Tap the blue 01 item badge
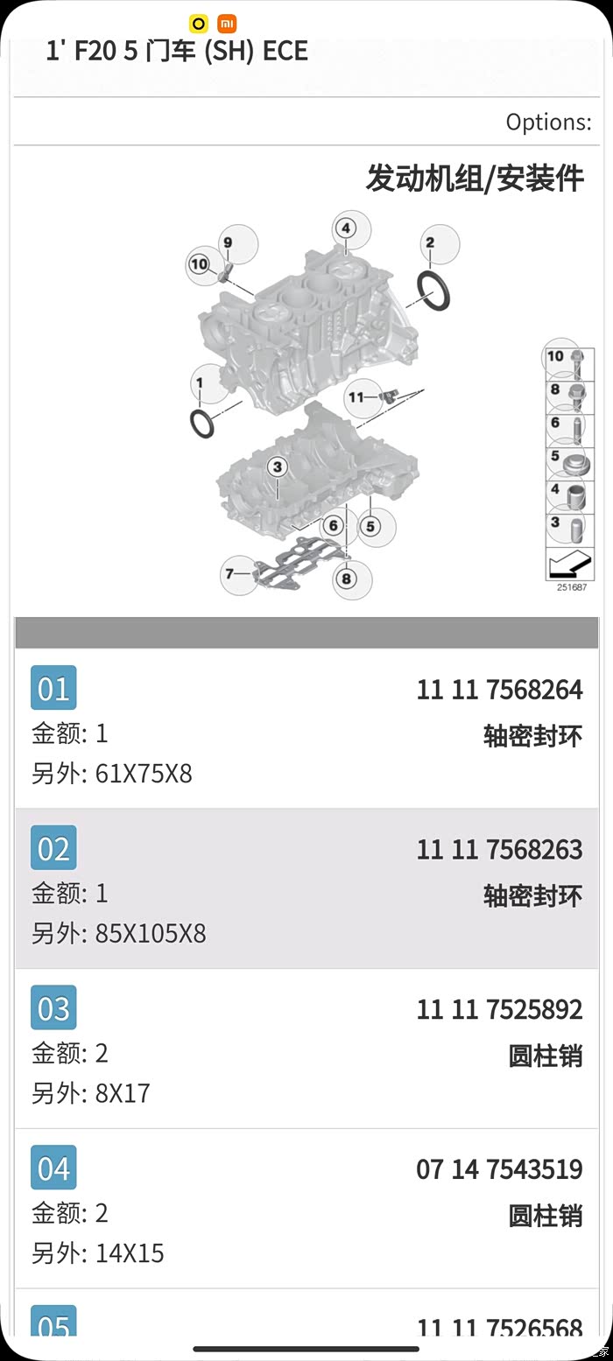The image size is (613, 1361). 53,688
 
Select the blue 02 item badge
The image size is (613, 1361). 53,848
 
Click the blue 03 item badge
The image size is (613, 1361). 53,1007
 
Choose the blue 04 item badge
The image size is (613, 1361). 53,1168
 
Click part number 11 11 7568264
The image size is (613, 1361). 499,690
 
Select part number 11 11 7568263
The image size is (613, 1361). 499,850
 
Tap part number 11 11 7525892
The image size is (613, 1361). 499,1009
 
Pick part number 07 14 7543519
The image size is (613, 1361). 499,1169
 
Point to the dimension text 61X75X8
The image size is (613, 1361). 144,774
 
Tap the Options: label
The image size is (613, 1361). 548,123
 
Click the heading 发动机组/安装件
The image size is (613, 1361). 475,179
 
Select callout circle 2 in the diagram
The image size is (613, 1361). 430,242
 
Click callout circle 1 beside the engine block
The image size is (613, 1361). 200,383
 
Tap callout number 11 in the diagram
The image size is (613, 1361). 356,397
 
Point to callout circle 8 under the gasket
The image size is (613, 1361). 347,579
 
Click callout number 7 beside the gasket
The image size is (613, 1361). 229,574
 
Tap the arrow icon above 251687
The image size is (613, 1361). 569,563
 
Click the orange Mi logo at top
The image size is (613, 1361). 227,24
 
